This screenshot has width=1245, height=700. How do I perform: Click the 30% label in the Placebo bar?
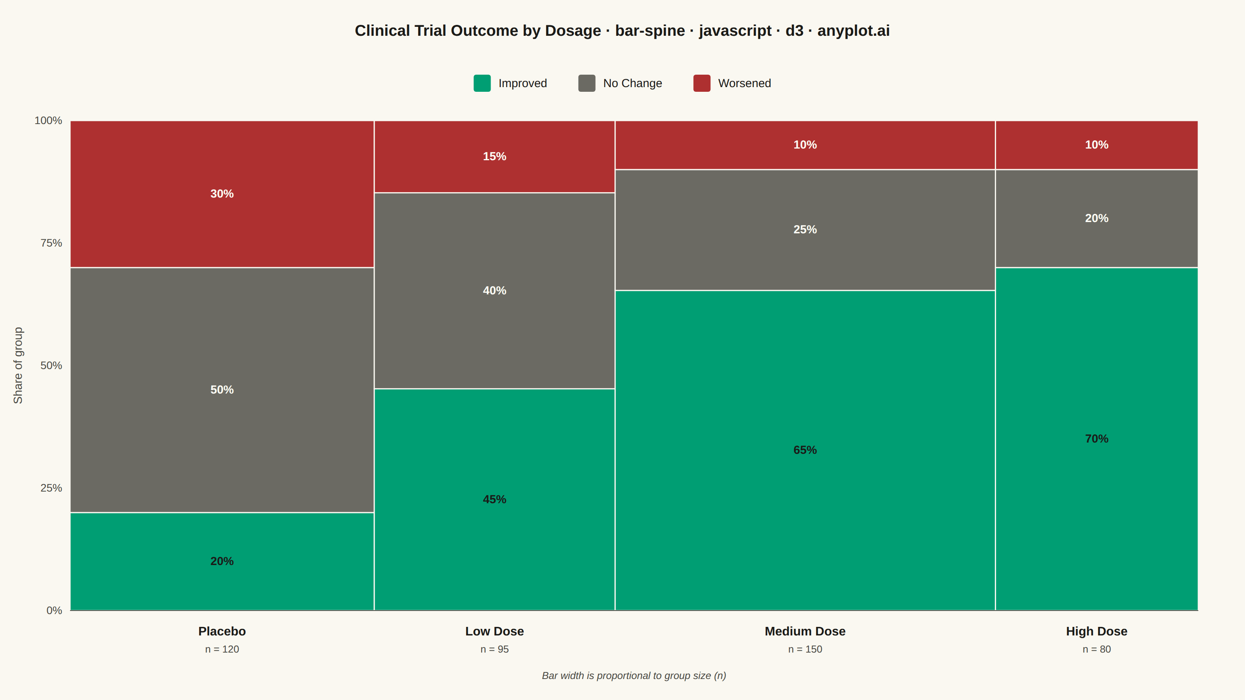tap(222, 194)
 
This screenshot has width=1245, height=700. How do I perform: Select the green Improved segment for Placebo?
tap(222, 561)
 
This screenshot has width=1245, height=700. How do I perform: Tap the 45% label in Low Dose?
tap(494, 499)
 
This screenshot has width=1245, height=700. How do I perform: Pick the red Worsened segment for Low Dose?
tap(494, 156)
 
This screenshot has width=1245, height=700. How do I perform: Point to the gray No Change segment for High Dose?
tap(1097, 218)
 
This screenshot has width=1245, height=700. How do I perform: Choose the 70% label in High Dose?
tap(1097, 439)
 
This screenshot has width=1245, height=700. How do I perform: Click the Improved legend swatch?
tap(482, 83)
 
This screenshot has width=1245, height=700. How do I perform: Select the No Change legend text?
tap(632, 83)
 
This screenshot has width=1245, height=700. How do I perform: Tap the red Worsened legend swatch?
tap(702, 83)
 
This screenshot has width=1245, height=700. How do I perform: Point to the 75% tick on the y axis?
tap(51, 243)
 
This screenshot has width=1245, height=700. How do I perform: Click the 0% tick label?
tap(54, 611)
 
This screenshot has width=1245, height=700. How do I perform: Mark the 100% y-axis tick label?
tap(48, 120)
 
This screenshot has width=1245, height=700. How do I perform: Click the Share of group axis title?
tap(18, 365)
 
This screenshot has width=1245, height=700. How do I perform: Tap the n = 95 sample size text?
tap(494, 649)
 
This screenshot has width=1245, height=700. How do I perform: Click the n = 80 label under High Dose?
tap(1097, 649)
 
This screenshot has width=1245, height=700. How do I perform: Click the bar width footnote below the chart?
tap(634, 676)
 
